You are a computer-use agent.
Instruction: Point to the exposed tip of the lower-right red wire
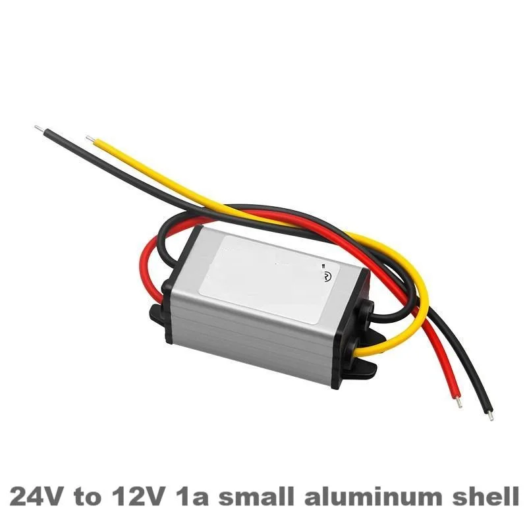coord(458,401)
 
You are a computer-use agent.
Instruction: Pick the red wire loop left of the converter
coord(152,263)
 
